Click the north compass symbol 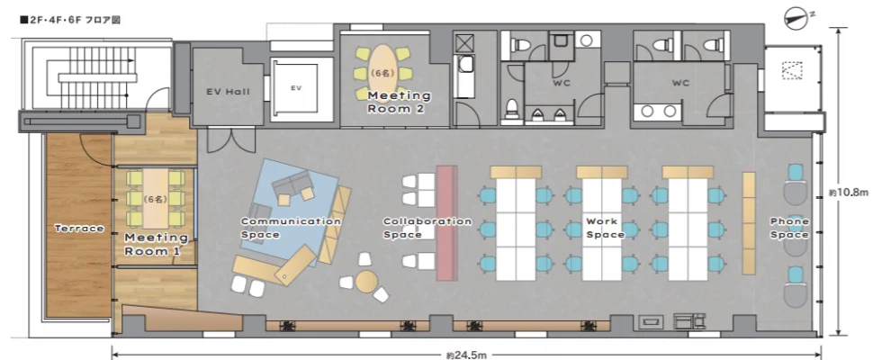tap(797, 17)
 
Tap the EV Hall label tap(228, 92)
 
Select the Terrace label tap(79, 229)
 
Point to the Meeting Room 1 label tap(156, 245)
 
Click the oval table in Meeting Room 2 tap(383, 72)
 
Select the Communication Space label tap(291, 228)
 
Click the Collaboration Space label tap(427, 228)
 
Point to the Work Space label tap(605, 228)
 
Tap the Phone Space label tap(790, 228)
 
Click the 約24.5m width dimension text tap(466, 355)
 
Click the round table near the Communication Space tap(366, 281)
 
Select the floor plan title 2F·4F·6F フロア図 tap(70, 20)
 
